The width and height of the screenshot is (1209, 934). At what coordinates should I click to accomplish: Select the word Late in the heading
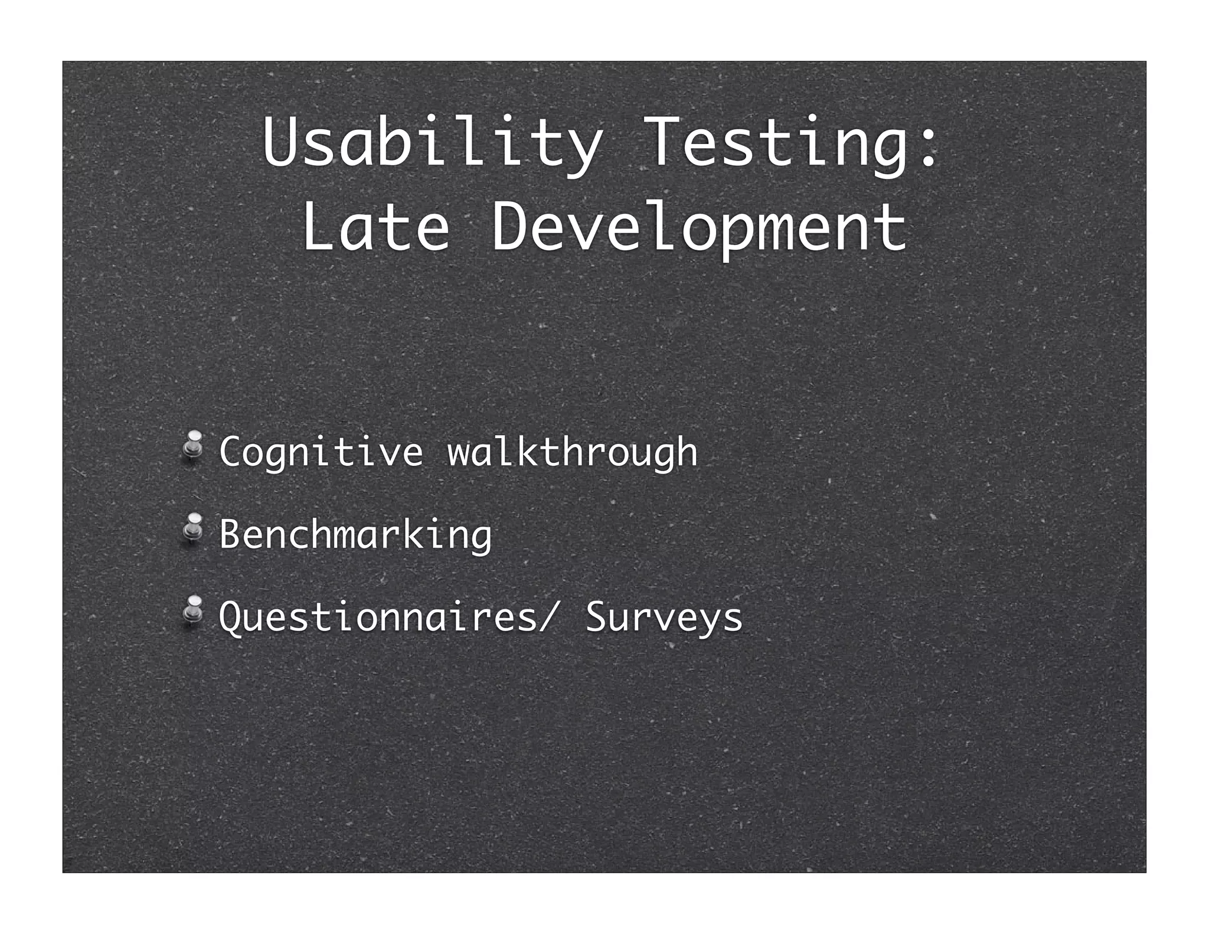click(x=375, y=227)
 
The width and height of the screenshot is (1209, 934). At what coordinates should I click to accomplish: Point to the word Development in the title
click(x=699, y=227)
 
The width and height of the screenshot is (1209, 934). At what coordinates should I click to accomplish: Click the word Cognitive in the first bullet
click(x=321, y=452)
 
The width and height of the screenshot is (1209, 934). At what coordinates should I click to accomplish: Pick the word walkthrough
click(x=572, y=452)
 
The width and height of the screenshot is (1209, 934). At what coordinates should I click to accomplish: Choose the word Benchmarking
click(x=355, y=535)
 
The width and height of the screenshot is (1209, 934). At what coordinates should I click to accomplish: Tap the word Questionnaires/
click(x=387, y=618)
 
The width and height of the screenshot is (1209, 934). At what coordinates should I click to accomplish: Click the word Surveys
click(x=664, y=618)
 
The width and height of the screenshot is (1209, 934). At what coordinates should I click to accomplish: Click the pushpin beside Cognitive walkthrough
click(x=192, y=444)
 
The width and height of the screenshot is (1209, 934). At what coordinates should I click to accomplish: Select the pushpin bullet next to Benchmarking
click(x=192, y=527)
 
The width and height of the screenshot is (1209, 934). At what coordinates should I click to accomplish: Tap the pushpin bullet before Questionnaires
click(x=192, y=609)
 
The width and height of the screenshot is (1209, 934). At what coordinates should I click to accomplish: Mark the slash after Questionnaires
click(x=547, y=618)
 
